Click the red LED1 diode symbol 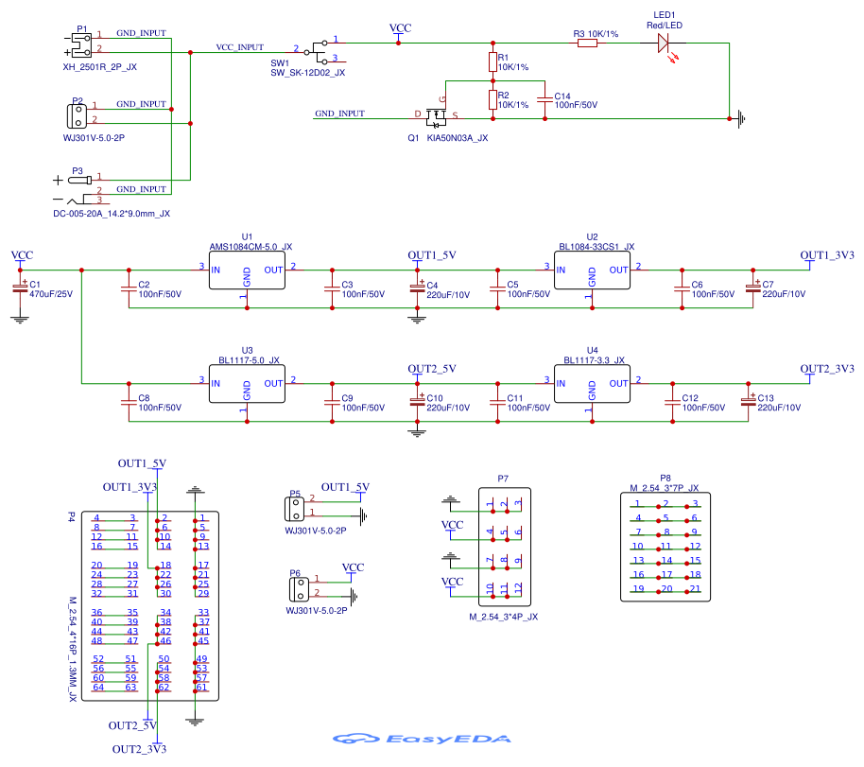click(663, 42)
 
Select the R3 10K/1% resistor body click(587, 43)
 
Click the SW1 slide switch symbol click(321, 49)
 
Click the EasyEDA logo click(422, 739)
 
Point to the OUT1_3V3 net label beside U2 click(827, 255)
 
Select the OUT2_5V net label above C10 click(432, 368)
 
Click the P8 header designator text click(665, 478)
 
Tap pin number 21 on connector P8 click(695, 588)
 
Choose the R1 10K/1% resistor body click(492, 63)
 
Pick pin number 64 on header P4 click(97, 687)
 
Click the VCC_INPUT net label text click(240, 46)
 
